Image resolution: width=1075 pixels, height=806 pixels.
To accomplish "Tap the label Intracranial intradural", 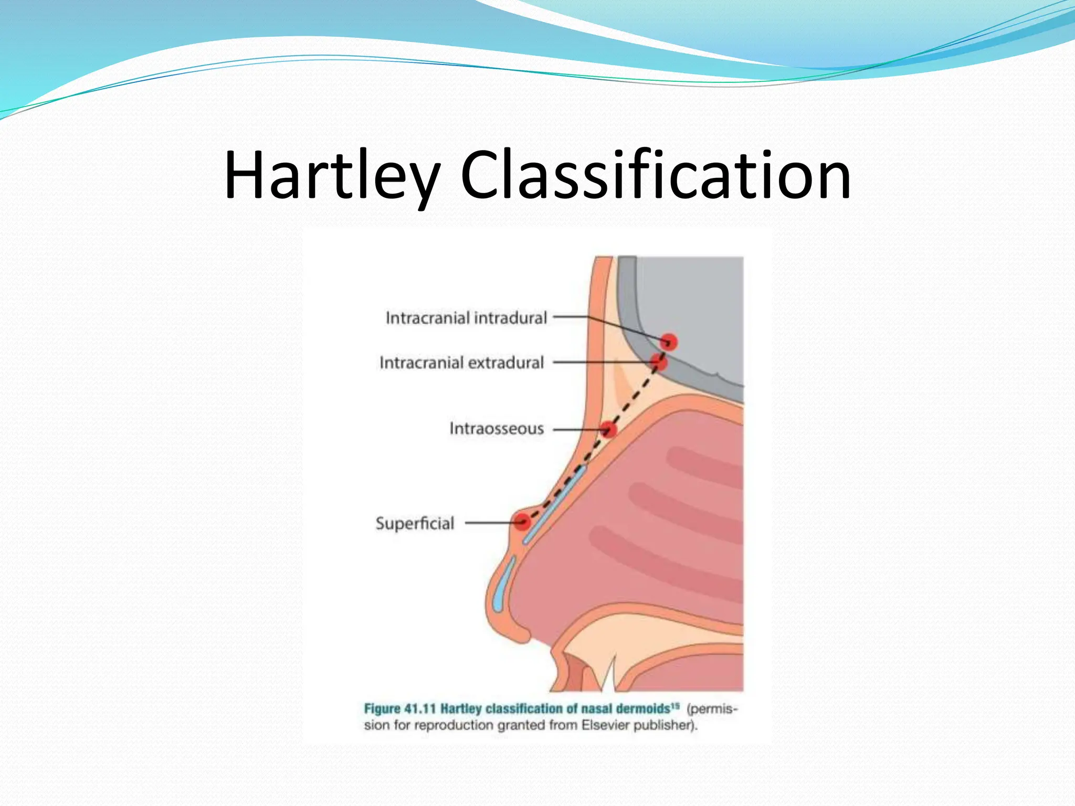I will pyautogui.click(x=466, y=318).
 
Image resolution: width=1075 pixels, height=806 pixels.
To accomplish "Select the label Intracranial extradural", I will pyautogui.click(x=461, y=363).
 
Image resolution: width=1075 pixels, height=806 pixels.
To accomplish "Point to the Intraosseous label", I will pyautogui.click(x=496, y=429).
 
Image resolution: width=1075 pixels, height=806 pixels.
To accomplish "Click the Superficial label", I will pyautogui.click(x=415, y=523).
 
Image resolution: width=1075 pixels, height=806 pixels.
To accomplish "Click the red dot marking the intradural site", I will pyautogui.click(x=669, y=342).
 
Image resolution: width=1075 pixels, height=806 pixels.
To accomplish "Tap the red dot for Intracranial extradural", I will pyautogui.click(x=658, y=362).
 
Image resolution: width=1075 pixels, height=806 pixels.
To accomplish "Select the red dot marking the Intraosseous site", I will pyautogui.click(x=608, y=430).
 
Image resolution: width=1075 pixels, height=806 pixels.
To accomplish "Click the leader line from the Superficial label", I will pyautogui.click(x=488, y=523).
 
